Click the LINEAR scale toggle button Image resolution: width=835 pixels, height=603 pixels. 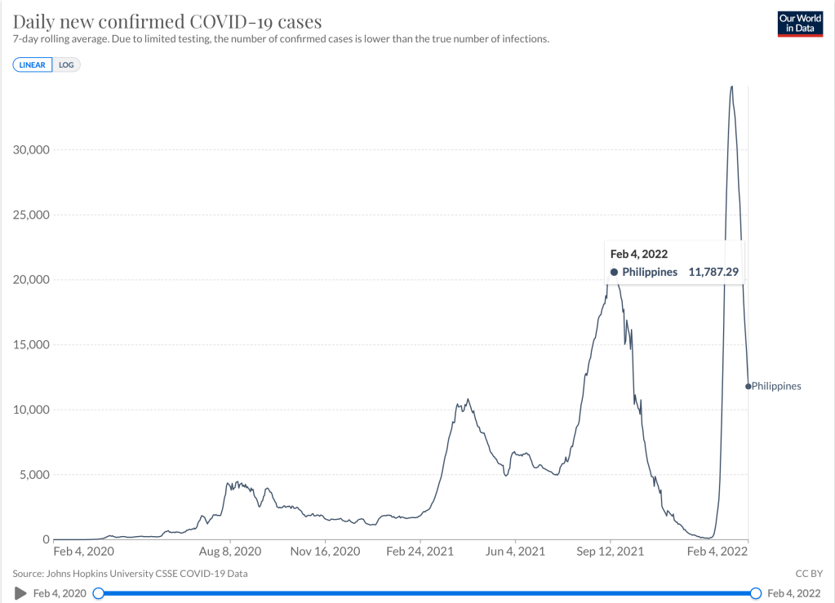click(x=33, y=64)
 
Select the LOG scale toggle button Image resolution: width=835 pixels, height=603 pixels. click(x=66, y=64)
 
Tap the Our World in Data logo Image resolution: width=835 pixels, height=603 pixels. click(x=800, y=24)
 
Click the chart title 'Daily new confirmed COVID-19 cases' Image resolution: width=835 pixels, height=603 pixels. click(x=167, y=21)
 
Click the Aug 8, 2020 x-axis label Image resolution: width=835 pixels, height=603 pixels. click(x=231, y=552)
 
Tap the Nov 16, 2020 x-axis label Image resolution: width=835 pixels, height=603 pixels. click(x=326, y=552)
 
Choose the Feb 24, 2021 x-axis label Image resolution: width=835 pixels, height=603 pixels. click(x=420, y=552)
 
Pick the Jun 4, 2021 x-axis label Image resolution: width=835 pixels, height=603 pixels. click(x=515, y=552)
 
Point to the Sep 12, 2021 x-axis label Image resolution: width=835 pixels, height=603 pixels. click(x=611, y=552)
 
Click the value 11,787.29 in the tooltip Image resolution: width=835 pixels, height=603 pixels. click(x=713, y=272)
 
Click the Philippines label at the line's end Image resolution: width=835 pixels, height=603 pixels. click(x=776, y=386)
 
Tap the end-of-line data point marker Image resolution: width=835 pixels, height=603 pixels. click(x=748, y=386)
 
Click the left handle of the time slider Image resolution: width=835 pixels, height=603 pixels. click(x=99, y=592)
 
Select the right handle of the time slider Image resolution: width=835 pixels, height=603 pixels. click(x=756, y=592)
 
